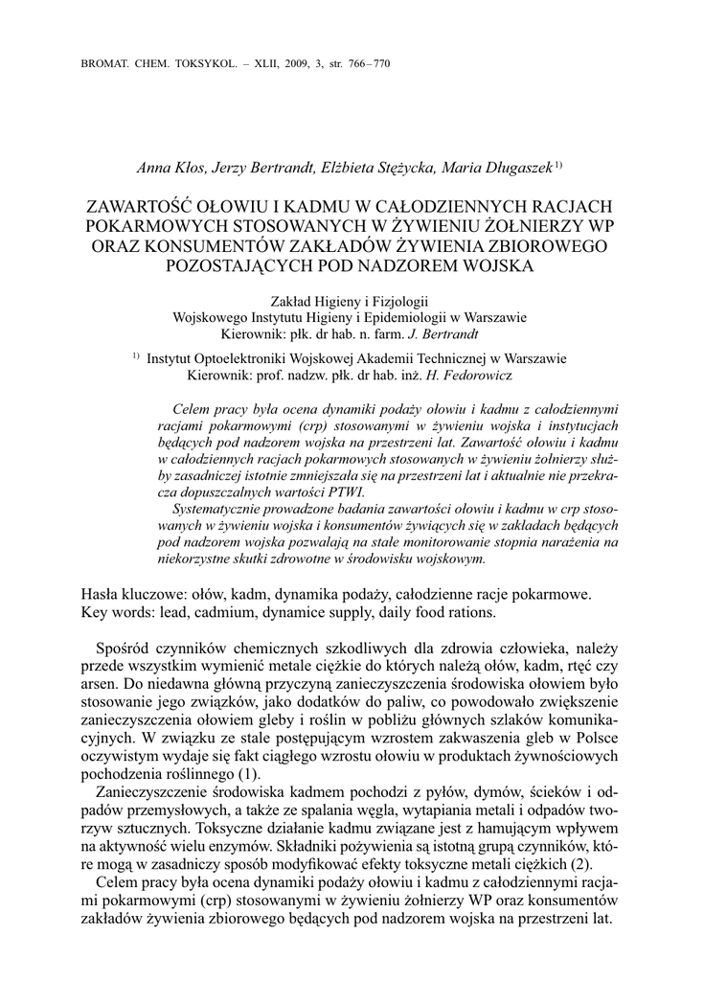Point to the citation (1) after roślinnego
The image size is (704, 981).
pyautogui.click(x=249, y=773)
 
